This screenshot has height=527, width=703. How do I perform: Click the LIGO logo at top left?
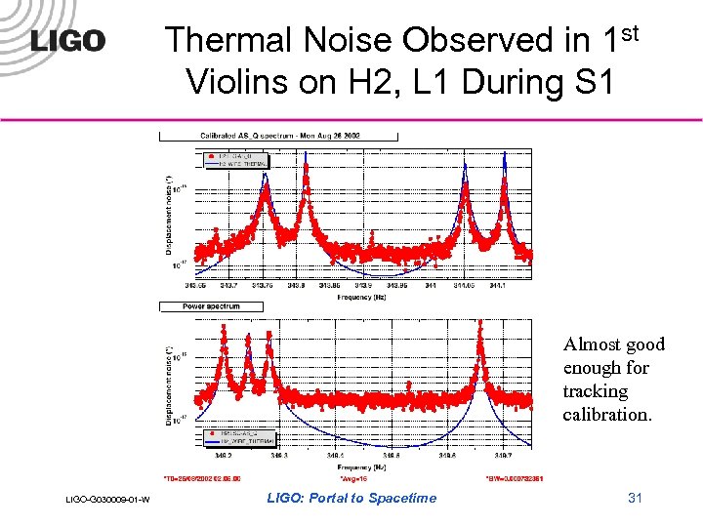click(68, 42)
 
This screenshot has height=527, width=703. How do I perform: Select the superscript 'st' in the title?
click(630, 33)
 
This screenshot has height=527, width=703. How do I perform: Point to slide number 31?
click(635, 498)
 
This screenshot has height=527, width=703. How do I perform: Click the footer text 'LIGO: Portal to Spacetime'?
click(351, 498)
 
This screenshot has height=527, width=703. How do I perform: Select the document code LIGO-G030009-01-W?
click(107, 501)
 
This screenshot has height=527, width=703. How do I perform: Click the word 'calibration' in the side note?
click(606, 414)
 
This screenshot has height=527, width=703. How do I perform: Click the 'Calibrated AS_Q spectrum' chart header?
click(278, 136)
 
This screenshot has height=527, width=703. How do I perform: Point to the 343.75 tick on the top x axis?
click(262, 286)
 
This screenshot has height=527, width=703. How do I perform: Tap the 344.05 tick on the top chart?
click(465, 286)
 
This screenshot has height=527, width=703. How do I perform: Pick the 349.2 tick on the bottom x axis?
click(223, 455)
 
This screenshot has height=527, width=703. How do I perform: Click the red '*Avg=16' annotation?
click(351, 479)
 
